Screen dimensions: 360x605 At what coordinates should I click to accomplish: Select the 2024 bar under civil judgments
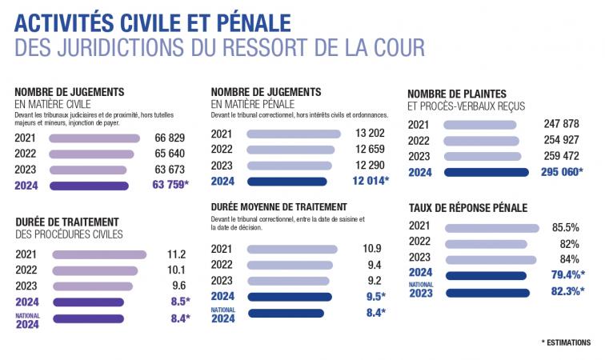89,186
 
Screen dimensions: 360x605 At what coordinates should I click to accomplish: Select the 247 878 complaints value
560,125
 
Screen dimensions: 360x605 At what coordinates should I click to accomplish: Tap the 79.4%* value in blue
563,275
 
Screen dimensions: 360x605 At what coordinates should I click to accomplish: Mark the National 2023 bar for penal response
487,292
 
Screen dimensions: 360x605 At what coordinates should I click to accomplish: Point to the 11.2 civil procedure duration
174,254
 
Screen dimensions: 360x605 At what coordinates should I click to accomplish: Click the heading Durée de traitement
67,222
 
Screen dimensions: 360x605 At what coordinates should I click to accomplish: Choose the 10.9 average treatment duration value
371,249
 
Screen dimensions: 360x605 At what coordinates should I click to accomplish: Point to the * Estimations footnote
566,342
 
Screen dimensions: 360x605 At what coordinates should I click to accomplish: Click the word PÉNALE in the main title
250,18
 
